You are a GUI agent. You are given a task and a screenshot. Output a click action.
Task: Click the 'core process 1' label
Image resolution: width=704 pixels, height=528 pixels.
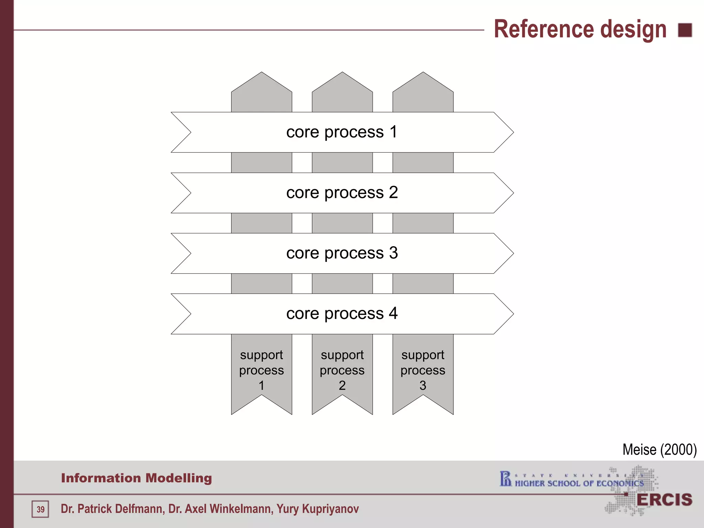tap(342, 132)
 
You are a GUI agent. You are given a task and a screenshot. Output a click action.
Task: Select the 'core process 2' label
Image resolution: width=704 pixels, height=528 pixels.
tap(342, 193)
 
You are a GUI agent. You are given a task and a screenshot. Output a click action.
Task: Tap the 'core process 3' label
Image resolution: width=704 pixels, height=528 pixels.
tap(342, 253)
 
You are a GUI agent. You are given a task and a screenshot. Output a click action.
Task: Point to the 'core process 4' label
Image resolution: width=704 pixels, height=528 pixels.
tap(342, 314)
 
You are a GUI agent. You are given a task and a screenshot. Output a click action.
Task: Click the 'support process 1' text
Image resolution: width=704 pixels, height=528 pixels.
tap(262, 370)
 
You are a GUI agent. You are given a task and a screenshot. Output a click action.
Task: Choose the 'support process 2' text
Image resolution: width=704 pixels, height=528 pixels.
tap(342, 370)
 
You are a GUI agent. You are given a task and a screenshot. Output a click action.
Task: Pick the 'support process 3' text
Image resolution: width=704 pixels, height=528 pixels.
tap(423, 370)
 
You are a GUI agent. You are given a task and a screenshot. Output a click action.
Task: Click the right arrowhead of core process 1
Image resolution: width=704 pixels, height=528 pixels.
tap(504, 132)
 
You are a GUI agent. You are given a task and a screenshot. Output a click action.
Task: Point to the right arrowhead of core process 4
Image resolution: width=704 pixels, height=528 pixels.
tap(504, 314)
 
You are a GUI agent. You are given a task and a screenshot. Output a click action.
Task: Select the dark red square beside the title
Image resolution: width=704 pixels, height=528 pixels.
tap(685, 30)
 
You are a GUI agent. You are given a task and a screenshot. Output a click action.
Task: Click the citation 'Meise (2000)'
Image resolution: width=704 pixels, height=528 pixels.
tap(659, 450)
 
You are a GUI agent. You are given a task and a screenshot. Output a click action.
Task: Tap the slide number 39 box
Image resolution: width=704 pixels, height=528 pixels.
tap(41, 509)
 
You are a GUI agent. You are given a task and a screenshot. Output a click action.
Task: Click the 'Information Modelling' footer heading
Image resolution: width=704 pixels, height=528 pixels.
tap(136, 478)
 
